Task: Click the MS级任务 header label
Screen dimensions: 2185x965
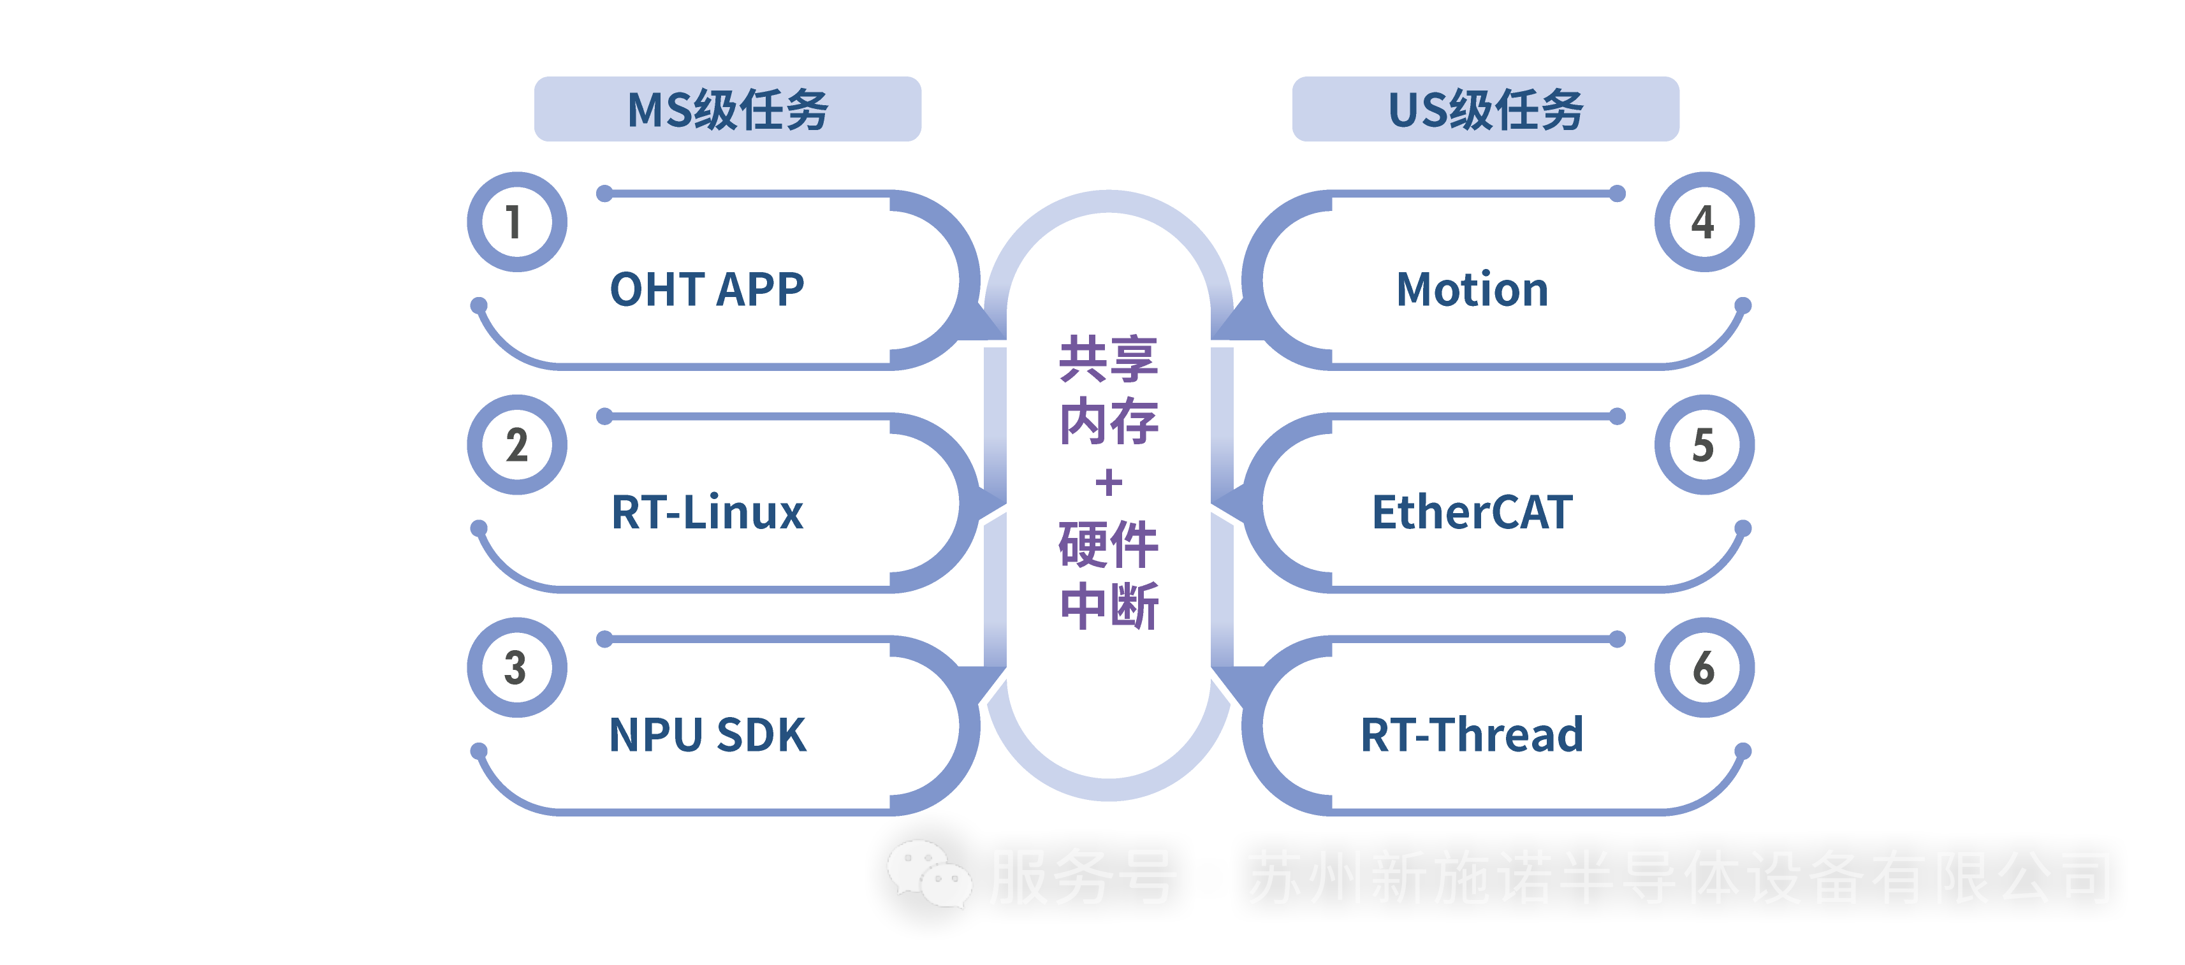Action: coord(727,110)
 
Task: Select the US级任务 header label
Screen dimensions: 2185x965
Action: coord(1485,110)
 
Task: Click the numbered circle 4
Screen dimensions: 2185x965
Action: coord(1704,222)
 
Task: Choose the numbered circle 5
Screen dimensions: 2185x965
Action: coord(1704,445)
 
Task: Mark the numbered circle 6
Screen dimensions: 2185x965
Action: coord(1704,667)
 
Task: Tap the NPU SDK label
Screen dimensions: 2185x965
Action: coord(708,734)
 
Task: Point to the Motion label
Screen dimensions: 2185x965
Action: coord(1473,289)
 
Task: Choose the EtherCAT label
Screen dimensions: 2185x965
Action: coord(1473,512)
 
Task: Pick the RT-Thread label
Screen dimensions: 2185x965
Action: coord(1473,734)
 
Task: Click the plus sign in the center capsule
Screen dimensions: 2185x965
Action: coord(1109,482)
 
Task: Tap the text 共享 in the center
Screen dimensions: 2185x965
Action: coord(1109,359)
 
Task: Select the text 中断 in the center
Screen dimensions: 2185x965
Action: coord(1109,606)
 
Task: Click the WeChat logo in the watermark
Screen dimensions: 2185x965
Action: coord(929,873)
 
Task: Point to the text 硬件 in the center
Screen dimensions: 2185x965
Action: coord(1109,544)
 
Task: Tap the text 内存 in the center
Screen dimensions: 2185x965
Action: coord(1109,421)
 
